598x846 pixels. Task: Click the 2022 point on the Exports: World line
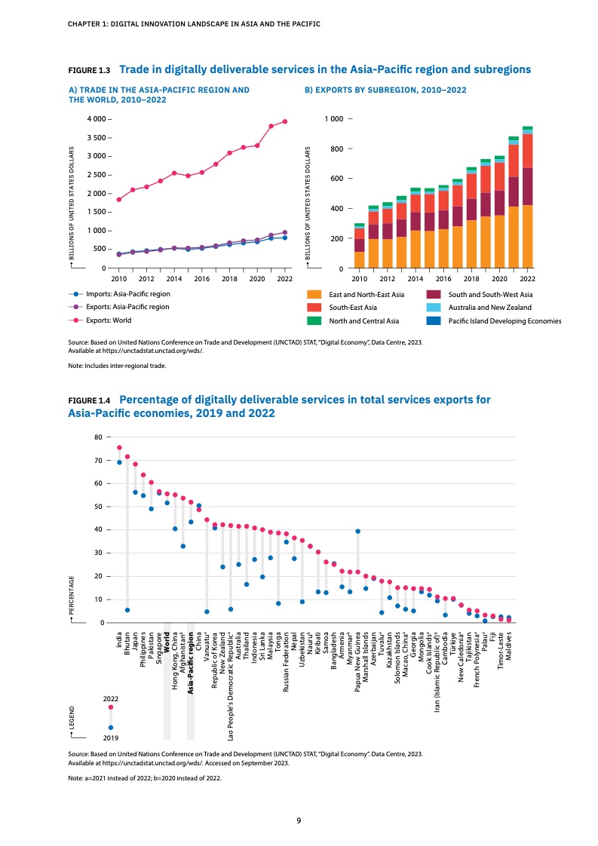[x=285, y=121]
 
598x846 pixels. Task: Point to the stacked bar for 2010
[x=359, y=246]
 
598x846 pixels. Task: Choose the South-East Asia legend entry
[x=352, y=308]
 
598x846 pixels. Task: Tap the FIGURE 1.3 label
[x=90, y=70]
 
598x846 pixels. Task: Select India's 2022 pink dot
[x=119, y=447]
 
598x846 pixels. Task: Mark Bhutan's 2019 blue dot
[x=127, y=610]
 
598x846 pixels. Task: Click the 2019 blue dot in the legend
[x=111, y=728]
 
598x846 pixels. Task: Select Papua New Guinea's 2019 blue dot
[x=357, y=532]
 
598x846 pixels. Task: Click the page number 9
[x=299, y=820]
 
